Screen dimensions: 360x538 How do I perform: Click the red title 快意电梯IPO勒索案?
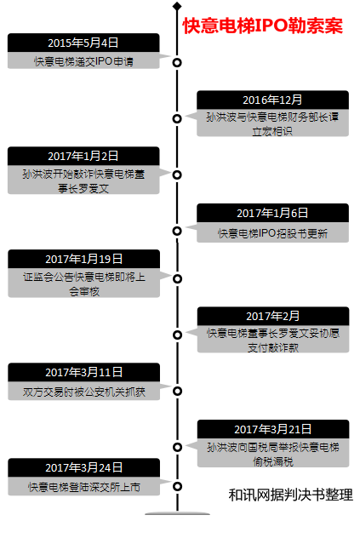coord(262,26)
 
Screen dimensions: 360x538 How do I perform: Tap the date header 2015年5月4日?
coord(83,43)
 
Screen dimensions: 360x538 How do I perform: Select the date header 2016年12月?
coord(272,100)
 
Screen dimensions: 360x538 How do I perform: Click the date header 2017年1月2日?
coord(83,156)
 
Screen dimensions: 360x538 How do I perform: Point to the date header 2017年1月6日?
coord(272,213)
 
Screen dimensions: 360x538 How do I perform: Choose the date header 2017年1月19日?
coord(83,259)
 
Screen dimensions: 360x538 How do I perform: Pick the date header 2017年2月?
coord(273,316)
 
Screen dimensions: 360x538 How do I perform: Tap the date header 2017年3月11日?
coord(83,372)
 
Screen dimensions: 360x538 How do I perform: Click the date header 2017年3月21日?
coord(273,429)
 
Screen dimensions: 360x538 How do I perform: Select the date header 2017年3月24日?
coord(83,467)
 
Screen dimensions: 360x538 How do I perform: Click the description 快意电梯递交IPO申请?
coord(83,61)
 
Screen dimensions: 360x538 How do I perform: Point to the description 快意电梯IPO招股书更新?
coord(272,233)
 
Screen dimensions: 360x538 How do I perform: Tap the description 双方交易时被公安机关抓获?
coord(83,392)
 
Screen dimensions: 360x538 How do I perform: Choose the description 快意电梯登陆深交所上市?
coord(83,487)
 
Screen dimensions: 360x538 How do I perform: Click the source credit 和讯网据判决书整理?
coord(291,495)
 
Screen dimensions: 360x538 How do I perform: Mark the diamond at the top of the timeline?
coord(177,6)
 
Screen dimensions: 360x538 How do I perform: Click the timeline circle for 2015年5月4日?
coord(177,63)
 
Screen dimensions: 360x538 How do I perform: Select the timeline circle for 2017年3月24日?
coord(177,486)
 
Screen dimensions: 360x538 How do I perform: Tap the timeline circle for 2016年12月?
coord(177,118)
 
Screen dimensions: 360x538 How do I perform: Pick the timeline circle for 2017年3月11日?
coord(177,391)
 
